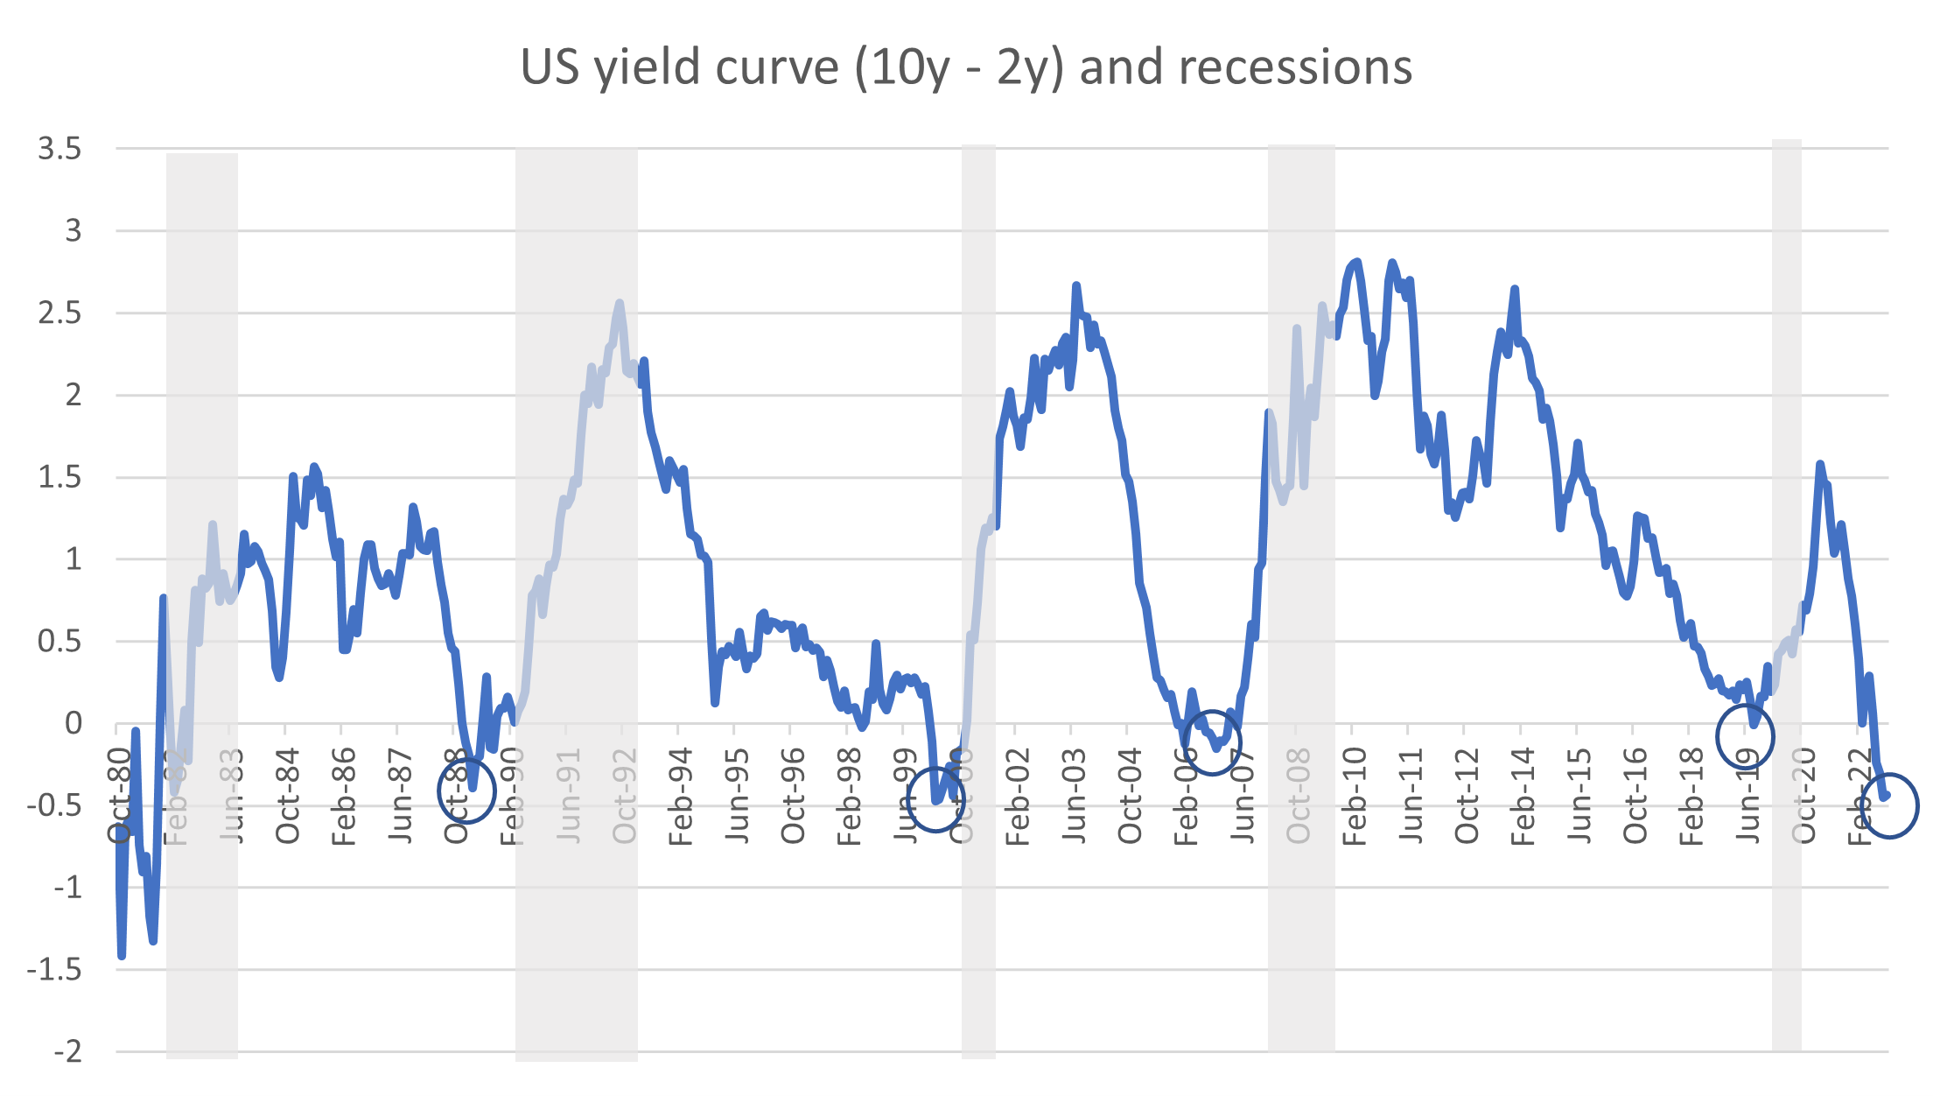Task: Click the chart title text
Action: click(966, 67)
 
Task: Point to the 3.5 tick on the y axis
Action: click(60, 149)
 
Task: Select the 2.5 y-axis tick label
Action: click(60, 313)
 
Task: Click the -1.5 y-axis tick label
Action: click(54, 969)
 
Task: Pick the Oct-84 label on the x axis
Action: click(288, 796)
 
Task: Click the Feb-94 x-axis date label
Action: click(681, 796)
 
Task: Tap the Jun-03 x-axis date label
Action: click(1074, 796)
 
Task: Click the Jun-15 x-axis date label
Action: click(1579, 796)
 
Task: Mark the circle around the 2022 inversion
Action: click(1888, 806)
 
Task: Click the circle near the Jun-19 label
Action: click(1745, 736)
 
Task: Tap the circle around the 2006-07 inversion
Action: click(1212, 742)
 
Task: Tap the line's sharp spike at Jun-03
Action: click(1075, 285)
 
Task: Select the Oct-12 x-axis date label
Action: click(1467, 796)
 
